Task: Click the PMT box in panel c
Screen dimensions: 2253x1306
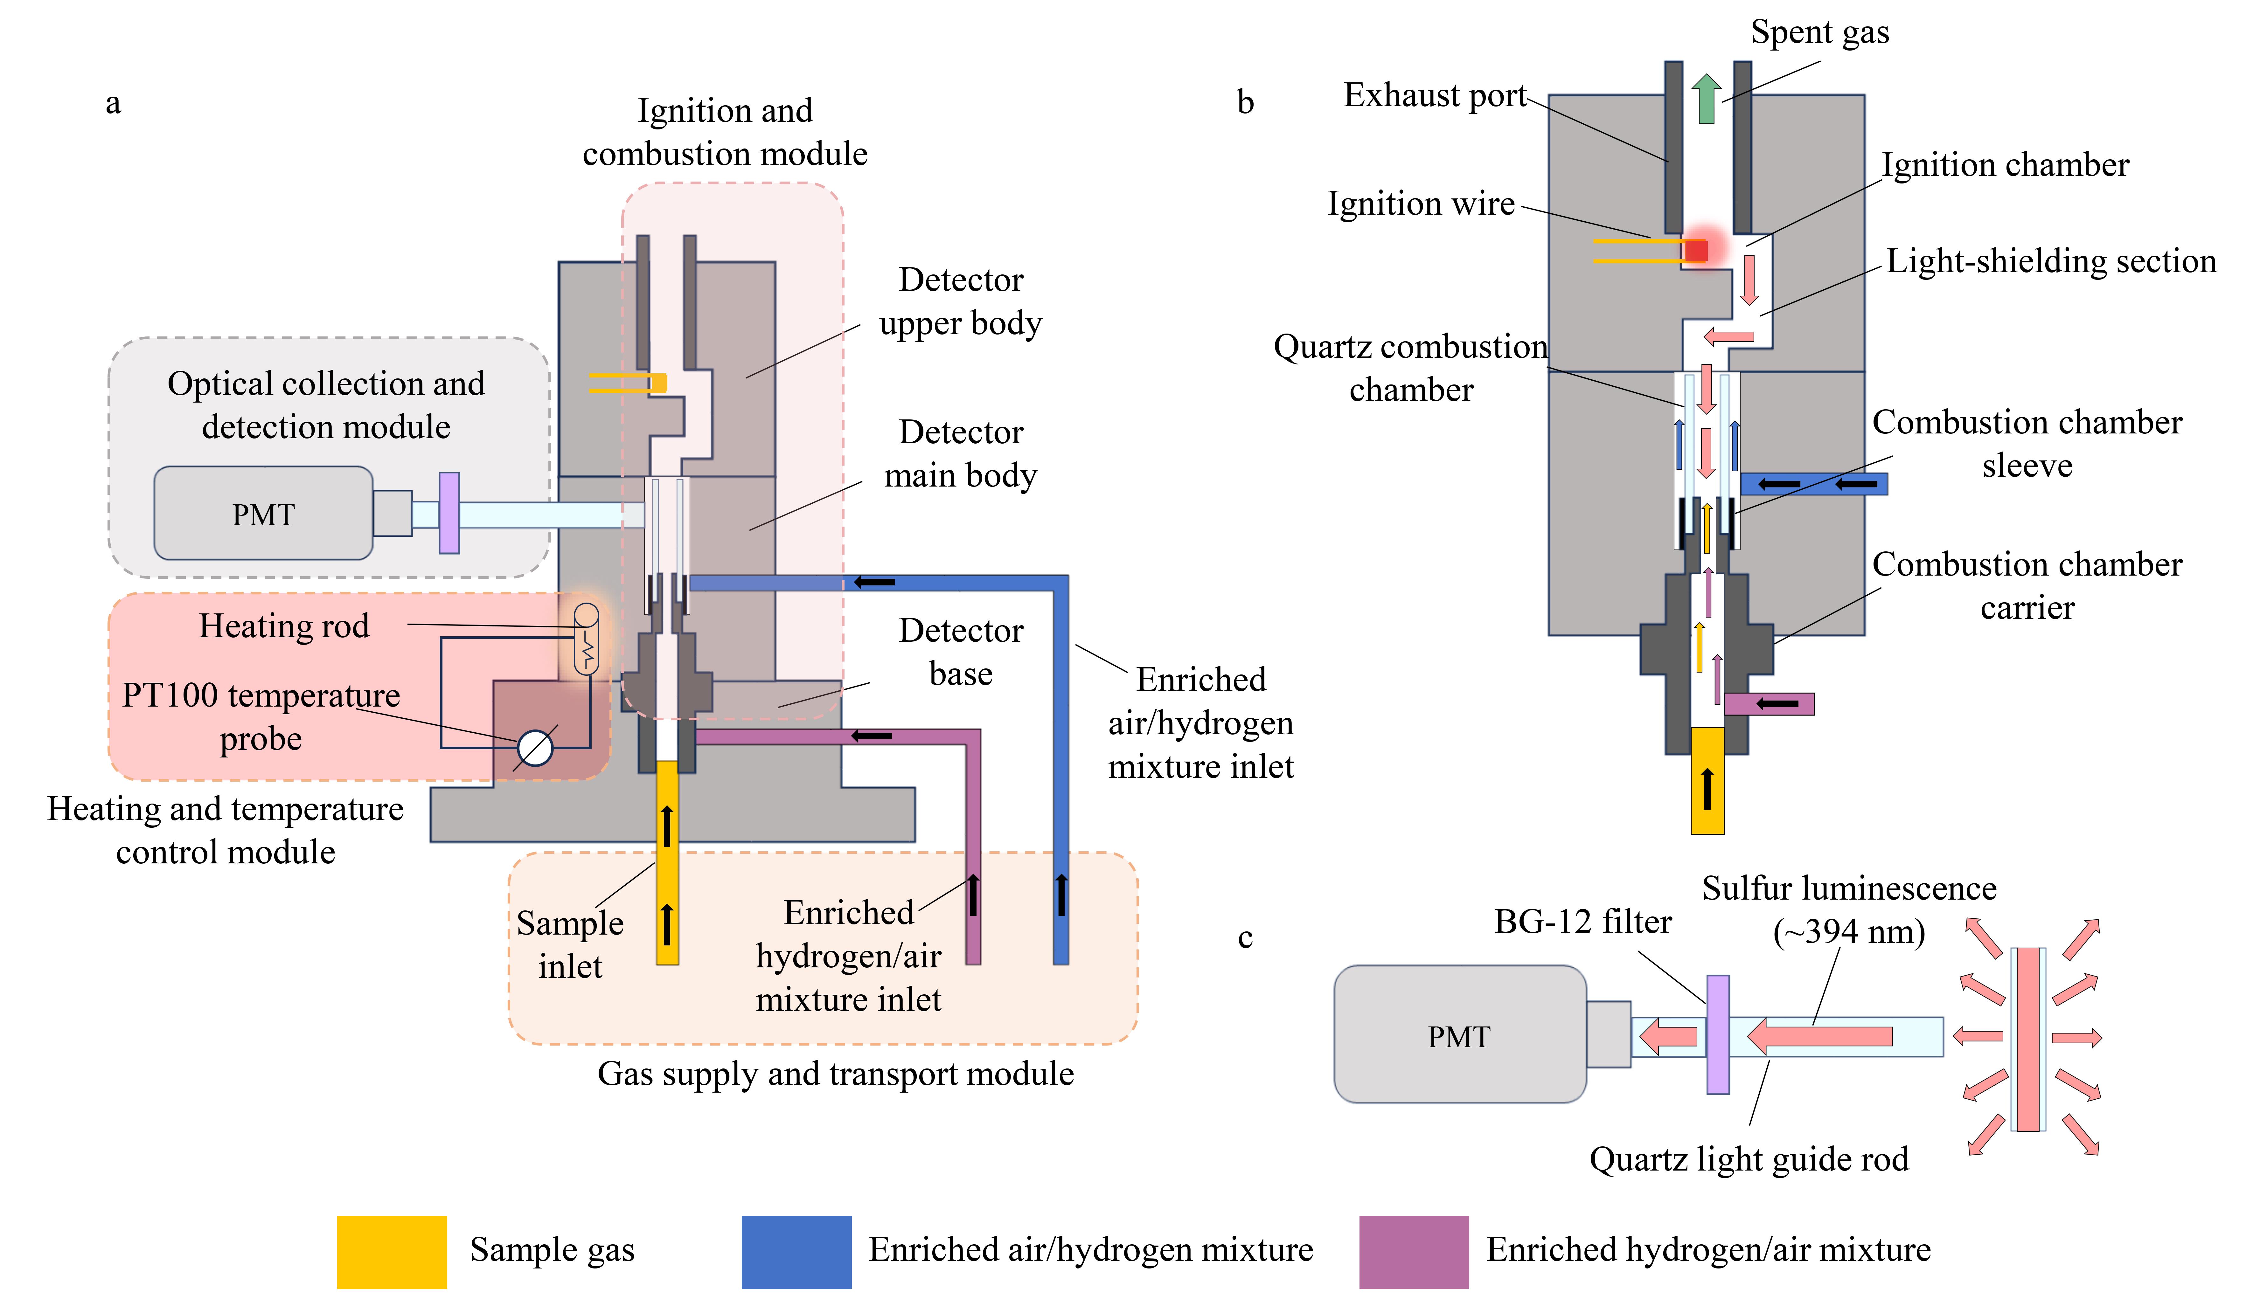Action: (1460, 1034)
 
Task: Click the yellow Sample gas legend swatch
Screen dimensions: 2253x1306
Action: (392, 1252)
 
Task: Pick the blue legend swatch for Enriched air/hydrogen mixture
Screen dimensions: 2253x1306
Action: (796, 1252)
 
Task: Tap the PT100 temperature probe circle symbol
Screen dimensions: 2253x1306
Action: (536, 748)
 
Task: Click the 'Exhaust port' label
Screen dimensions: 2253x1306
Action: (1435, 95)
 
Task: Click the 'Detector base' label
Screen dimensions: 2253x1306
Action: (961, 652)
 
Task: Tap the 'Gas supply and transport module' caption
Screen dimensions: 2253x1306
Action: (836, 1074)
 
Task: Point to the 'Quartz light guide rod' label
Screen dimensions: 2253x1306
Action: (1749, 1159)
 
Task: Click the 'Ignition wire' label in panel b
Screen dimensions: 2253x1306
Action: (1421, 204)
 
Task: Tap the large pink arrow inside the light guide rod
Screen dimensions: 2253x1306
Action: (1819, 1036)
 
